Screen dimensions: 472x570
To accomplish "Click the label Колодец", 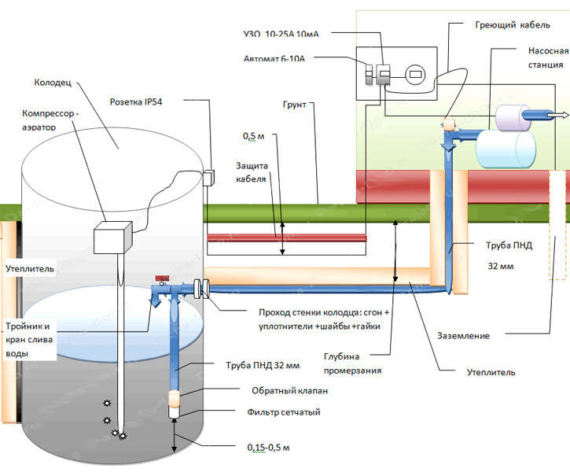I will coord(54,81).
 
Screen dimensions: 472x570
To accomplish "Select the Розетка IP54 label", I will coord(145,101).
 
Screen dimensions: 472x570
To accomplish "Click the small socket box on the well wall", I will coord(209,178).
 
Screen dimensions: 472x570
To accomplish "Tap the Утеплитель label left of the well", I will coord(30,269).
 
